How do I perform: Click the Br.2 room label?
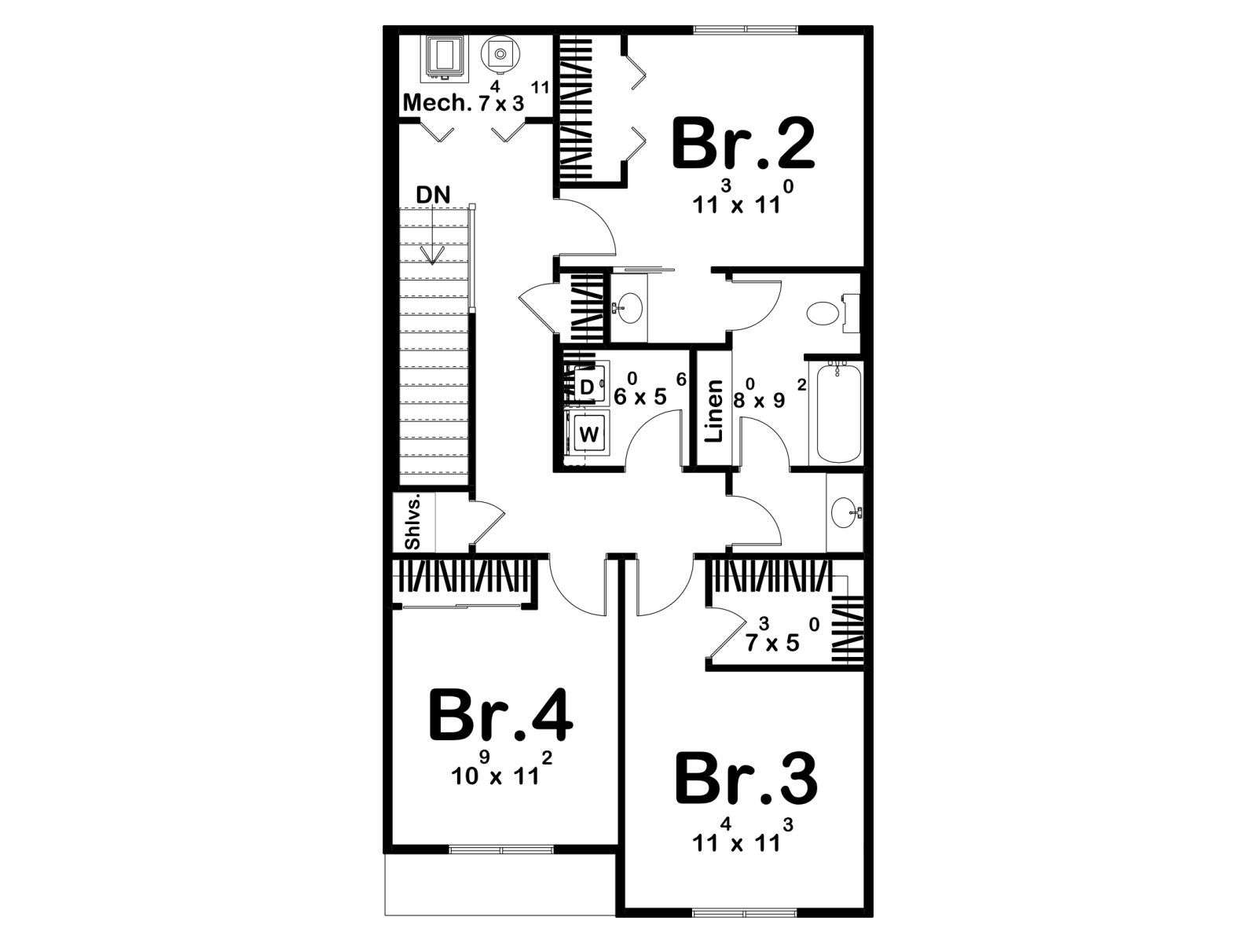tap(743, 144)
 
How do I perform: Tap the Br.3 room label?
tap(746, 780)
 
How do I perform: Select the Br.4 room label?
tap(500, 716)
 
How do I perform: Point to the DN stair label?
tap(433, 195)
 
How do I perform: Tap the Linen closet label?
tap(715, 410)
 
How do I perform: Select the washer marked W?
tap(588, 435)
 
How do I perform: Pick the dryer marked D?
tap(588, 387)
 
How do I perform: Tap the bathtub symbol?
tap(838, 413)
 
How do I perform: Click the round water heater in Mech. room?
tap(500, 54)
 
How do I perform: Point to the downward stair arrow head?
tap(433, 256)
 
